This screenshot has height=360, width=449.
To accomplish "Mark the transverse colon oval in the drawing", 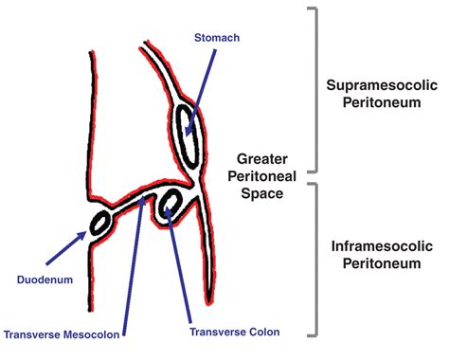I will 171,204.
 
